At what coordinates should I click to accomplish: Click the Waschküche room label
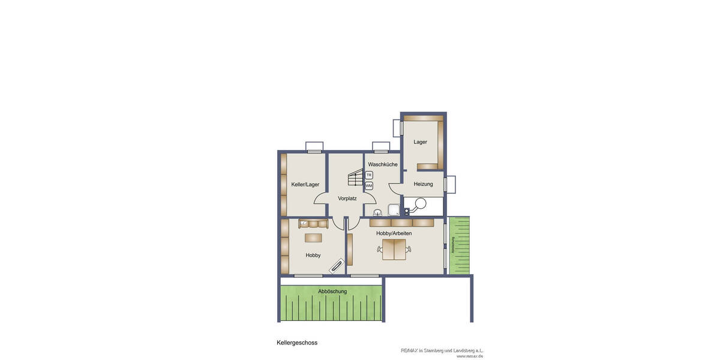383,164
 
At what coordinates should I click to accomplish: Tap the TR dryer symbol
369,175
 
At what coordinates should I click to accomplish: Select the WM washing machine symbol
369,186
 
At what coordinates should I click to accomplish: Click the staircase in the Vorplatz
356,178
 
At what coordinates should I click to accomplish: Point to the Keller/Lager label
305,185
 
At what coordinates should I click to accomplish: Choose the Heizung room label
423,184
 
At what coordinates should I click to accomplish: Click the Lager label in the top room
421,142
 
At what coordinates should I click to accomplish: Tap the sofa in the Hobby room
313,224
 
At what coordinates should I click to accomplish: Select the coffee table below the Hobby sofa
313,238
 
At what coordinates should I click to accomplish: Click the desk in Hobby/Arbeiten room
394,249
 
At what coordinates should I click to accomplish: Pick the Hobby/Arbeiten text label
394,233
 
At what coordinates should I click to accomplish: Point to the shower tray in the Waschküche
394,210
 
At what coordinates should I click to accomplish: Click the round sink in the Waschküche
377,212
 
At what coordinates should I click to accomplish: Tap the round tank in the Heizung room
421,203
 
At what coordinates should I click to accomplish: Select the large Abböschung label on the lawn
332,292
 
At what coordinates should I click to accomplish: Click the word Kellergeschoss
297,343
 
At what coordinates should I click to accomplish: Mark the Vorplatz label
347,199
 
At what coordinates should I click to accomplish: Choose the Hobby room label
313,256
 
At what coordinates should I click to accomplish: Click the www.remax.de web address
470,356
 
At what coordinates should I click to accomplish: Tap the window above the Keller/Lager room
314,146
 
